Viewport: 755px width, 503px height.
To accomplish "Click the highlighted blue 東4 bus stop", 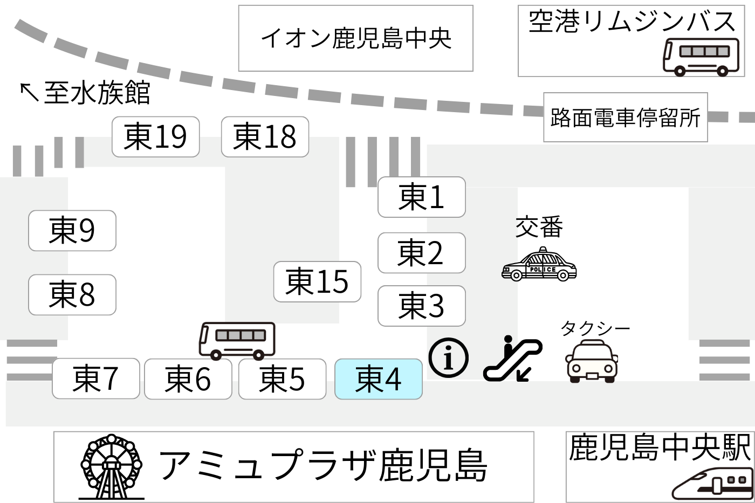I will [x=378, y=379].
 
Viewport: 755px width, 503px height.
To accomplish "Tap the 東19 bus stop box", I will [x=155, y=136].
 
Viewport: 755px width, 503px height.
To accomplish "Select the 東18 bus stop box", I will [x=265, y=136].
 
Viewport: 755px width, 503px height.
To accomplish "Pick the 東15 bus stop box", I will [x=317, y=281].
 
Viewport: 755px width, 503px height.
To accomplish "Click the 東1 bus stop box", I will [x=421, y=197].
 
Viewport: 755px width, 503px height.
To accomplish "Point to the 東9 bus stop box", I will [x=72, y=230].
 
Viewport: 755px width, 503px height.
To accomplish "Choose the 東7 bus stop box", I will [x=95, y=378].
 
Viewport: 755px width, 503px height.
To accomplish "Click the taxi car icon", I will [x=591, y=361].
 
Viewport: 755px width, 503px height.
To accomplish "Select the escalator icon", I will [x=512, y=359].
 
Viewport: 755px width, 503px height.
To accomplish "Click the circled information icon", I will [x=448, y=358].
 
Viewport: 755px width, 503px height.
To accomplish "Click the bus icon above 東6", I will [x=237, y=340].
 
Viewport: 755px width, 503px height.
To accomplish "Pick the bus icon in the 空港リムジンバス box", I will [x=701, y=56].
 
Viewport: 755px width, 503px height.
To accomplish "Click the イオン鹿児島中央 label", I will [x=355, y=38].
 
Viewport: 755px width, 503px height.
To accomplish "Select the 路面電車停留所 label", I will [x=625, y=118].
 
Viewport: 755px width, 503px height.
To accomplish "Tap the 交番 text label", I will [x=539, y=227].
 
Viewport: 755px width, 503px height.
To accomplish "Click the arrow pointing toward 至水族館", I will [x=29, y=92].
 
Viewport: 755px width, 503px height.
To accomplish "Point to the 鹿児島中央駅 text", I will [x=659, y=447].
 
